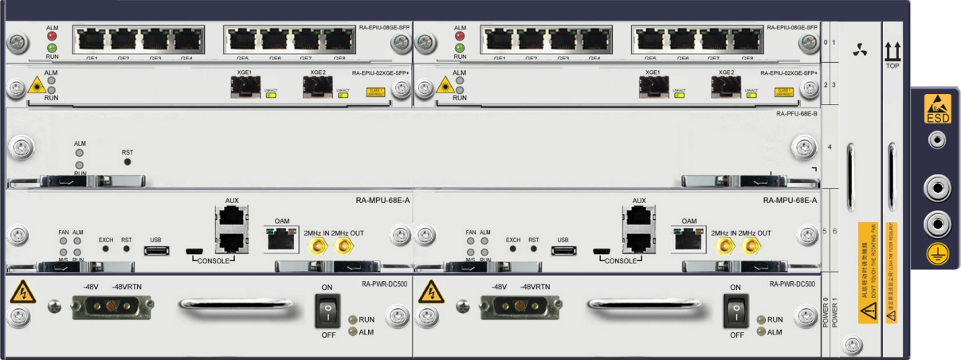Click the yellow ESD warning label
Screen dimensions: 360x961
pos(937,109)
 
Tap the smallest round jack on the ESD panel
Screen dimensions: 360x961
pos(937,141)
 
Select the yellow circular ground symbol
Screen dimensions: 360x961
pos(937,254)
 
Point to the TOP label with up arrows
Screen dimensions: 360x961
pos(892,56)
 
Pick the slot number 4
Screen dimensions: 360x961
pos(830,147)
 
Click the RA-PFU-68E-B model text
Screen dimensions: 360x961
pos(796,114)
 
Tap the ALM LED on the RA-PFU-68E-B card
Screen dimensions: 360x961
pos(80,153)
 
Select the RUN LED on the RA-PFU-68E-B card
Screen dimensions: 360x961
pos(80,165)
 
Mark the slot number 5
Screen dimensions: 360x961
pos(826,231)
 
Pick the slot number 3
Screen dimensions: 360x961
pos(834,83)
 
